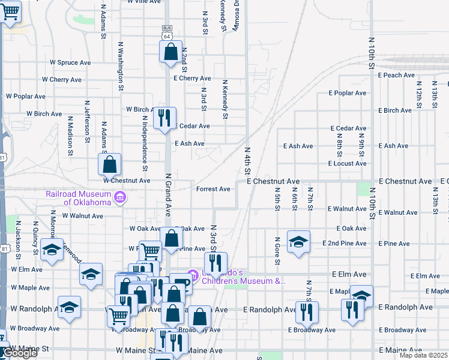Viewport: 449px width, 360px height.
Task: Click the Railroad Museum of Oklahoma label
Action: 78,198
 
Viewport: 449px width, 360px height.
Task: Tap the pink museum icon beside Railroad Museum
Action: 119,197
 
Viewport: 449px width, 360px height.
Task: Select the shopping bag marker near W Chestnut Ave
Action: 110,164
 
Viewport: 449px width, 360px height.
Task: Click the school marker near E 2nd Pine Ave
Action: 298,242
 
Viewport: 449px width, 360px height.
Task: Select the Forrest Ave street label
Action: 213,189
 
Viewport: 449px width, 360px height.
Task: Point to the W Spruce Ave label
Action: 70,62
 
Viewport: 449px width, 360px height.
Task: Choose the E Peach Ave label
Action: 397,76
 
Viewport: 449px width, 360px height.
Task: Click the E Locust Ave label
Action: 347,163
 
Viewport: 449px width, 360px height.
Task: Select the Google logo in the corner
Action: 20,353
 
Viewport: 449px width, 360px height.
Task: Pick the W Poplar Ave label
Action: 26,96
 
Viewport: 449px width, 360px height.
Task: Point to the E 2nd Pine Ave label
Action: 347,244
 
